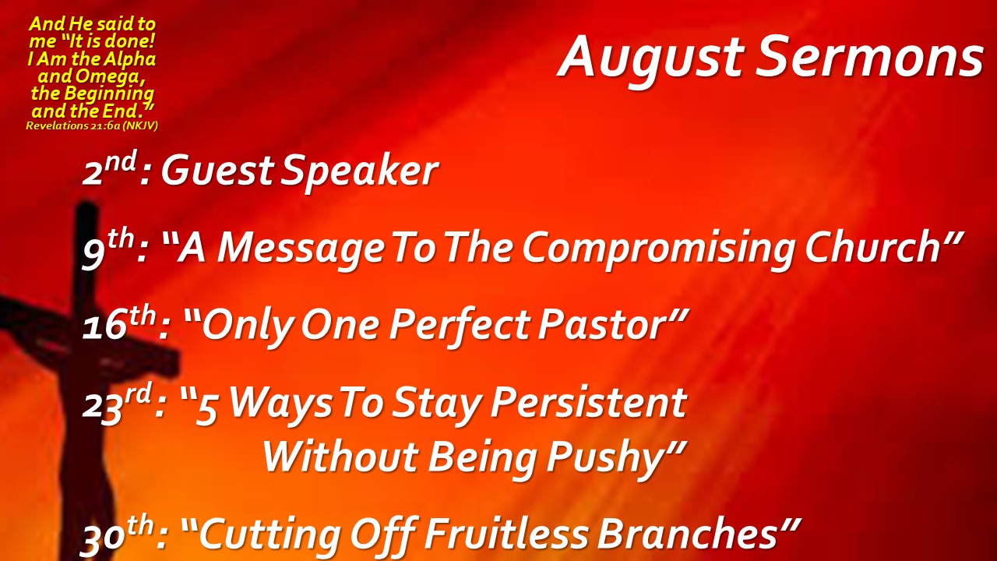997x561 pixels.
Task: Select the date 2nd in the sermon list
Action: pyautogui.click(x=110, y=168)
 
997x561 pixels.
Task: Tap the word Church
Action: pyautogui.click(x=872, y=247)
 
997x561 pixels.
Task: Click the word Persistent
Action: pyautogui.click(x=588, y=402)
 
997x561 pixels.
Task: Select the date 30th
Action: pyautogui.click(x=118, y=536)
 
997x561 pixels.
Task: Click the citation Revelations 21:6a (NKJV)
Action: pyautogui.click(x=92, y=125)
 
